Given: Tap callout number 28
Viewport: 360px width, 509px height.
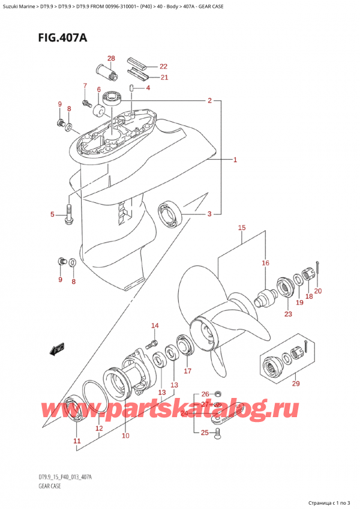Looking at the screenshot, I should tap(111, 58).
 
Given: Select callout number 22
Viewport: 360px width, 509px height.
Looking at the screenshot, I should tap(163, 67).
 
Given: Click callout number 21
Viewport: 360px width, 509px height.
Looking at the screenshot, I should tap(163, 77).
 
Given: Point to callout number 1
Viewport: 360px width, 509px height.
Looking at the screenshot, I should tap(235, 160).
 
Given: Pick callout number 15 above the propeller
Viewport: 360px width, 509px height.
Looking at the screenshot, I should tap(242, 227).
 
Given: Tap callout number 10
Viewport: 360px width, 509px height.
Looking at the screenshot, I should tap(125, 435).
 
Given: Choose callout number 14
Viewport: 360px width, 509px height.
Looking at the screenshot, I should tap(155, 326).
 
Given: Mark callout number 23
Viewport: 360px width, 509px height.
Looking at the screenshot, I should tap(288, 313).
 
